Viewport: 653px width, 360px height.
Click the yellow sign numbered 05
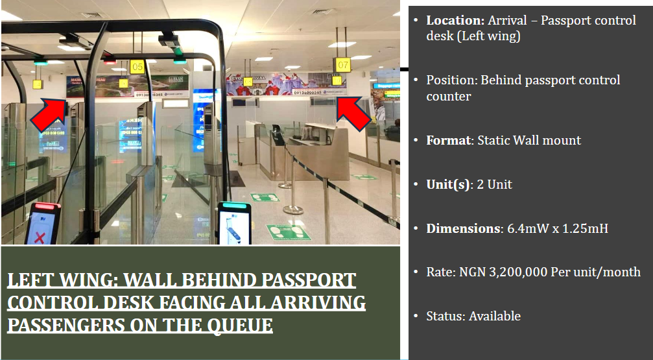(137, 67)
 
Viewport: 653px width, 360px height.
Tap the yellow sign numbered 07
(343, 65)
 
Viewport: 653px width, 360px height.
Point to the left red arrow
(49, 115)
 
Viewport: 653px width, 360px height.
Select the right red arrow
(353, 115)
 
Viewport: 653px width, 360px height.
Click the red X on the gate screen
(40, 238)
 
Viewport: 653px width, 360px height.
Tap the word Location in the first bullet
(455, 20)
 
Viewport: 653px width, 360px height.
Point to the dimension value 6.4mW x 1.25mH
(558, 228)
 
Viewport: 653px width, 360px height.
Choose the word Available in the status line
(495, 317)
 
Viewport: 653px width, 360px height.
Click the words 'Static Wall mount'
(529, 140)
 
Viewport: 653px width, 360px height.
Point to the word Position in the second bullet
(451, 80)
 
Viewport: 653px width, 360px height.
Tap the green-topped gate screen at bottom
(235, 223)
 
